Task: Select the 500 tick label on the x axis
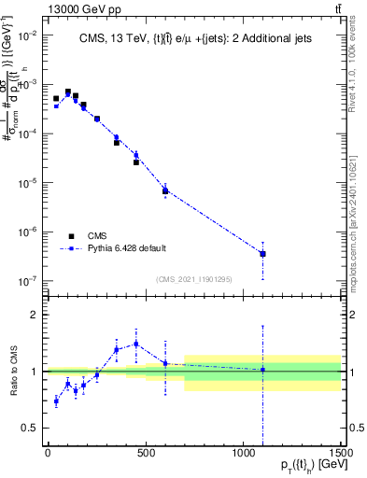coord(145,454)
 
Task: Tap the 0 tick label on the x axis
coord(48,454)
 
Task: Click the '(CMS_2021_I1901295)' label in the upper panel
coord(194,279)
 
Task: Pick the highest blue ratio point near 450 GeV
coord(136,344)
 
